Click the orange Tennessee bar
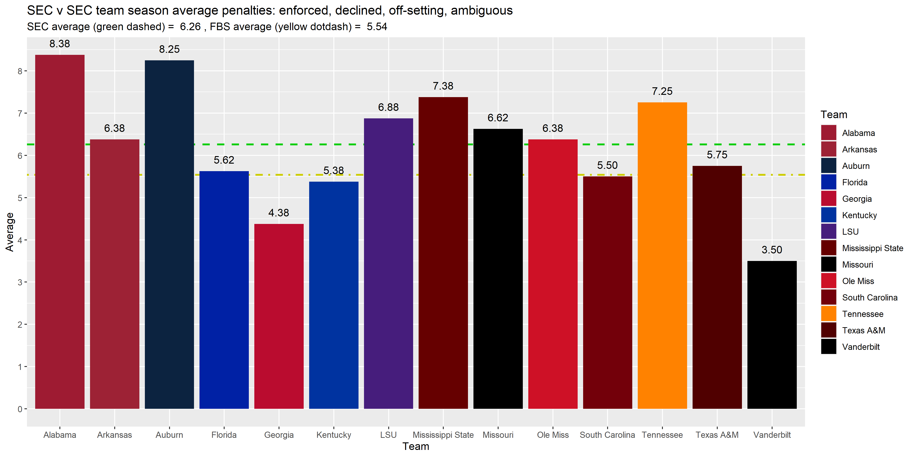[662, 255]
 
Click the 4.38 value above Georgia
[279, 213]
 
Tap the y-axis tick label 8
[20, 71]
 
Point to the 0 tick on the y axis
[20, 409]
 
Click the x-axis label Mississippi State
[443, 435]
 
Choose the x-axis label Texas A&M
[717, 435]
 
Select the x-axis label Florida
[224, 435]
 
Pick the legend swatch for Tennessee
[829, 314]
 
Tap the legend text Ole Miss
[858, 281]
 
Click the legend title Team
[834, 115]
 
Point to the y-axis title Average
[10, 232]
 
